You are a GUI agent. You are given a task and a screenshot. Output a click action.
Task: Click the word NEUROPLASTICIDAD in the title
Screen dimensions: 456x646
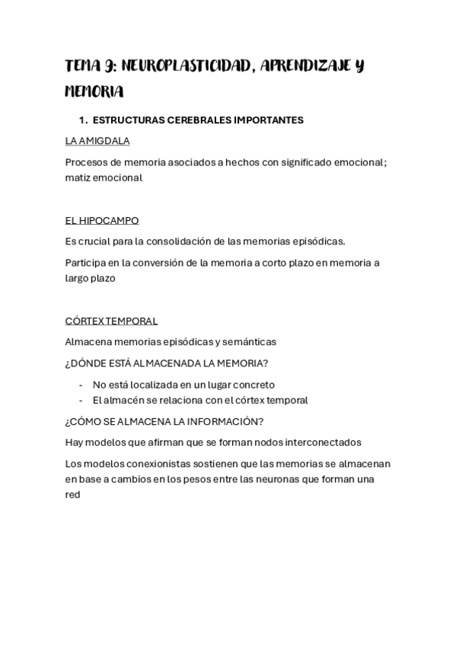pyautogui.click(x=187, y=66)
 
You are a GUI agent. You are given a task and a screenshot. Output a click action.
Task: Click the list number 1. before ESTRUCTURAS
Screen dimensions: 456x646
pyautogui.click(x=84, y=120)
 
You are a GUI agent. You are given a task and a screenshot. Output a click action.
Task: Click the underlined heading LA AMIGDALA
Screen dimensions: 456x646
pyautogui.click(x=97, y=141)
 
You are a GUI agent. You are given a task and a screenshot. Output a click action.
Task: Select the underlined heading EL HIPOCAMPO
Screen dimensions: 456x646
pyautogui.click(x=102, y=220)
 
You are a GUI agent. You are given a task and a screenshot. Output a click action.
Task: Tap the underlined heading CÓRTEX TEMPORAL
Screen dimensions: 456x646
pyautogui.click(x=111, y=321)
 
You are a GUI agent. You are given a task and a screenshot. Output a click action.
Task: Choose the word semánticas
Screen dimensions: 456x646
pyautogui.click(x=249, y=342)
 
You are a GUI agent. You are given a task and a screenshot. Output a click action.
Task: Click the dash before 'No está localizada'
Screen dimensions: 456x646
pyautogui.click(x=81, y=385)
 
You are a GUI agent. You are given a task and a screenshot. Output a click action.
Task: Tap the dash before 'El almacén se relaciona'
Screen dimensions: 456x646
pyautogui.click(x=81, y=400)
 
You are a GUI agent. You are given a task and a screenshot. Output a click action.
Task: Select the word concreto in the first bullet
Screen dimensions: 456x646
pyautogui.click(x=254, y=385)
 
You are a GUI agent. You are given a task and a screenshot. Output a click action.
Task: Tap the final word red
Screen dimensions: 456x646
pyautogui.click(x=72, y=494)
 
